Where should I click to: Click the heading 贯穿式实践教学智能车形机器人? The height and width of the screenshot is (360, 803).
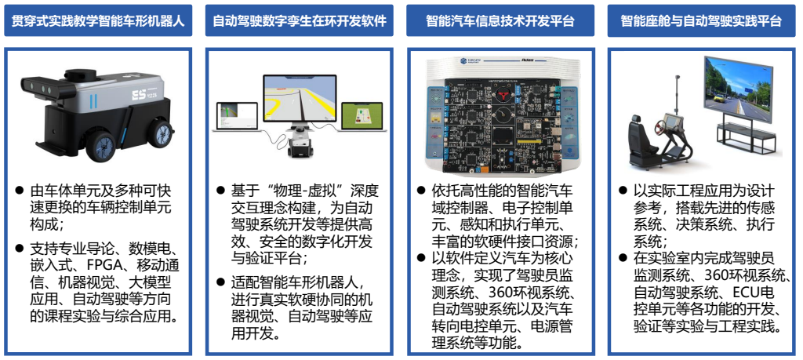98,20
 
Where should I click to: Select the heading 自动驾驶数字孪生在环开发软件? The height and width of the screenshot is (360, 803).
299,20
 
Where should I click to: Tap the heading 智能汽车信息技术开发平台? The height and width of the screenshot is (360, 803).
500,20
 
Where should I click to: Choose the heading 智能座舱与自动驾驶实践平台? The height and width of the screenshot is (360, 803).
701,20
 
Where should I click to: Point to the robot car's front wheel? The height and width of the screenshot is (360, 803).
100,147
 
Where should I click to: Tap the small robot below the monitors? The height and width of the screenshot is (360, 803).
299,143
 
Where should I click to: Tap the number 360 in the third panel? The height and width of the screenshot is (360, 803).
503,293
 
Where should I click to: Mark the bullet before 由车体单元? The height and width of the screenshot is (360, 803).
20,191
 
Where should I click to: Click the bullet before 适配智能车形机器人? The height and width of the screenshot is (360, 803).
220,282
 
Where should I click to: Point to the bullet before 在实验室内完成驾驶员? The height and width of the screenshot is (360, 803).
623,257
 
